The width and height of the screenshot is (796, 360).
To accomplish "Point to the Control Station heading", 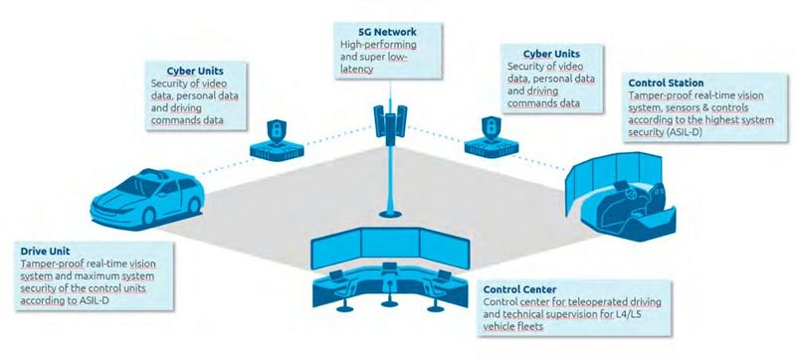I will (x=668, y=82).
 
